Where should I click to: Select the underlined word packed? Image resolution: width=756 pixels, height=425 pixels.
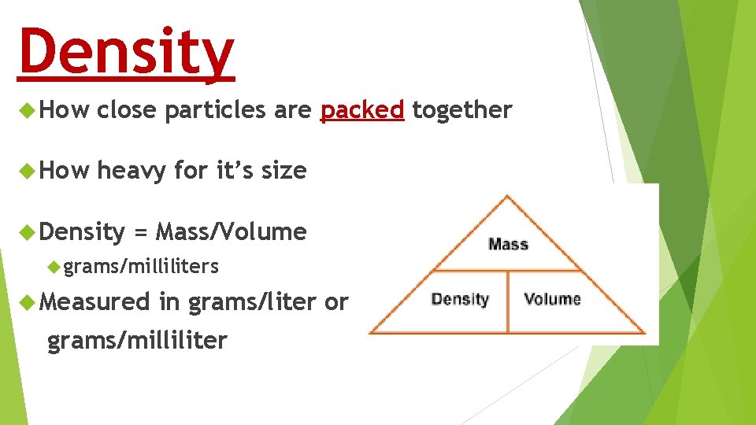tap(362, 111)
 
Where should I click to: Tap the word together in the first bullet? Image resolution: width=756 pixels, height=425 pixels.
tap(462, 111)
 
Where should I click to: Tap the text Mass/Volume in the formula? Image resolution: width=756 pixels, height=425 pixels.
tap(231, 232)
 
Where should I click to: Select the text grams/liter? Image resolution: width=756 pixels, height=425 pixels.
tap(252, 302)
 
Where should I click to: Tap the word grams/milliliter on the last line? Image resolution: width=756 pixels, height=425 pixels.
tap(137, 341)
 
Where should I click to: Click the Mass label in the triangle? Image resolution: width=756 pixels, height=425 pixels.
tap(508, 244)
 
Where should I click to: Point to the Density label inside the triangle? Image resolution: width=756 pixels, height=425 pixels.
tap(461, 299)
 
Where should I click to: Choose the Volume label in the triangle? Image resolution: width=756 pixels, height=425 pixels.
tap(552, 299)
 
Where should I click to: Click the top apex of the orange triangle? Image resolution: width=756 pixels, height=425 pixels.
tap(508, 194)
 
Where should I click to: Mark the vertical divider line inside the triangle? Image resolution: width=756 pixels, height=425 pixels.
tap(508, 301)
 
